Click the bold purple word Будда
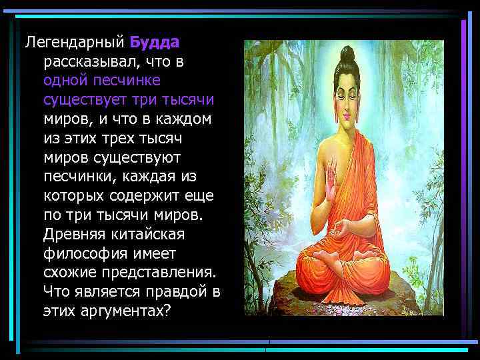coord(154,43)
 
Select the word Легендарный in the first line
coord(75,43)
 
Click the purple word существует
coord(94,100)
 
